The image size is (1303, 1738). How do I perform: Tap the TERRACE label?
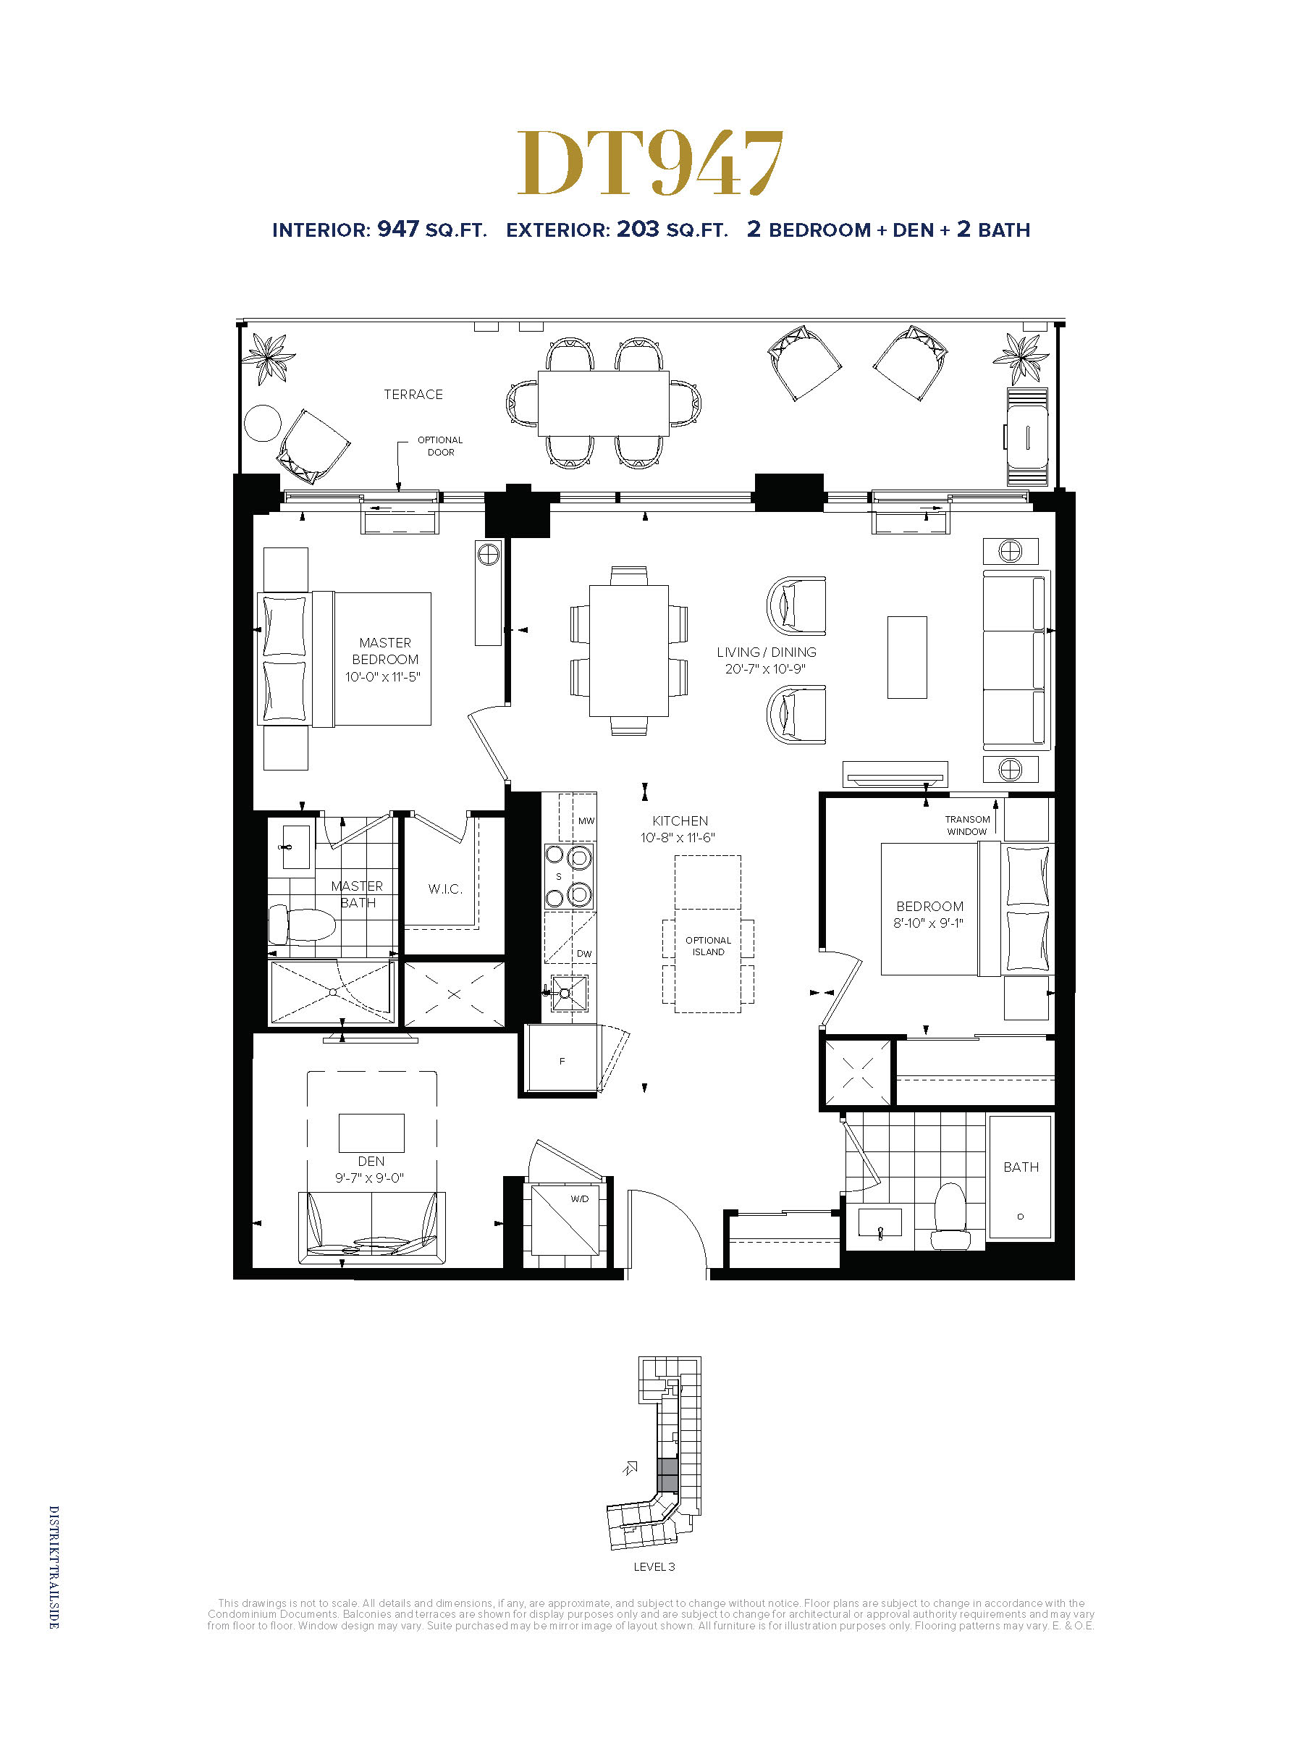[413, 395]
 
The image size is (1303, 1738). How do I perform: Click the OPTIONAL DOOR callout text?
[440, 445]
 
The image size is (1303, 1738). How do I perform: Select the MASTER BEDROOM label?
[385, 650]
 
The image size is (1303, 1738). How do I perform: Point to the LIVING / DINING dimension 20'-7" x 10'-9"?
[765, 668]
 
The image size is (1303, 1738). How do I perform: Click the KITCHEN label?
[680, 820]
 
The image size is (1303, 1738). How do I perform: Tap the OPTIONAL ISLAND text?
[708, 946]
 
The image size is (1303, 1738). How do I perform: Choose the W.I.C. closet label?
[445, 889]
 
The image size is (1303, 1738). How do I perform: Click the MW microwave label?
[586, 820]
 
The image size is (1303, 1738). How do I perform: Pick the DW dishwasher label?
[584, 954]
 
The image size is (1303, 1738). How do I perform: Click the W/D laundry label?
[580, 1199]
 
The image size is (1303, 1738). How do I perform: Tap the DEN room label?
[371, 1162]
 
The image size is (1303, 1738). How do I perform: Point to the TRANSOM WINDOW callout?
[967, 825]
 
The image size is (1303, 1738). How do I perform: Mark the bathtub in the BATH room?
[1020, 1177]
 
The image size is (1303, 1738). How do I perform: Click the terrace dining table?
[603, 403]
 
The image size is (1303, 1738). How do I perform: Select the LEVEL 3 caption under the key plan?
[654, 1566]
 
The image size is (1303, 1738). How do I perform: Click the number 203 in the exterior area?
[637, 229]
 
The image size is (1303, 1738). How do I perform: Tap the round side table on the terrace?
[262, 424]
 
